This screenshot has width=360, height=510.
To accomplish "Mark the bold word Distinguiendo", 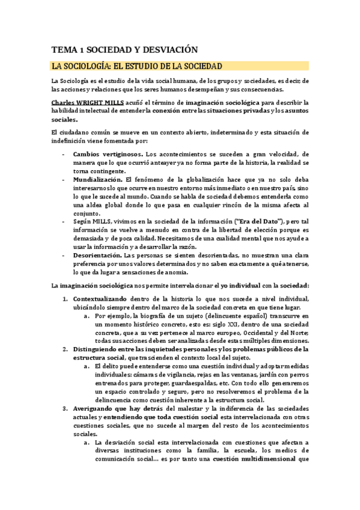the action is (98, 349).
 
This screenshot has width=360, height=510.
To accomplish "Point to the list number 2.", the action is (66, 349).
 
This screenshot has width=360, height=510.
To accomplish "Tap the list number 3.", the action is (66, 408).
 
